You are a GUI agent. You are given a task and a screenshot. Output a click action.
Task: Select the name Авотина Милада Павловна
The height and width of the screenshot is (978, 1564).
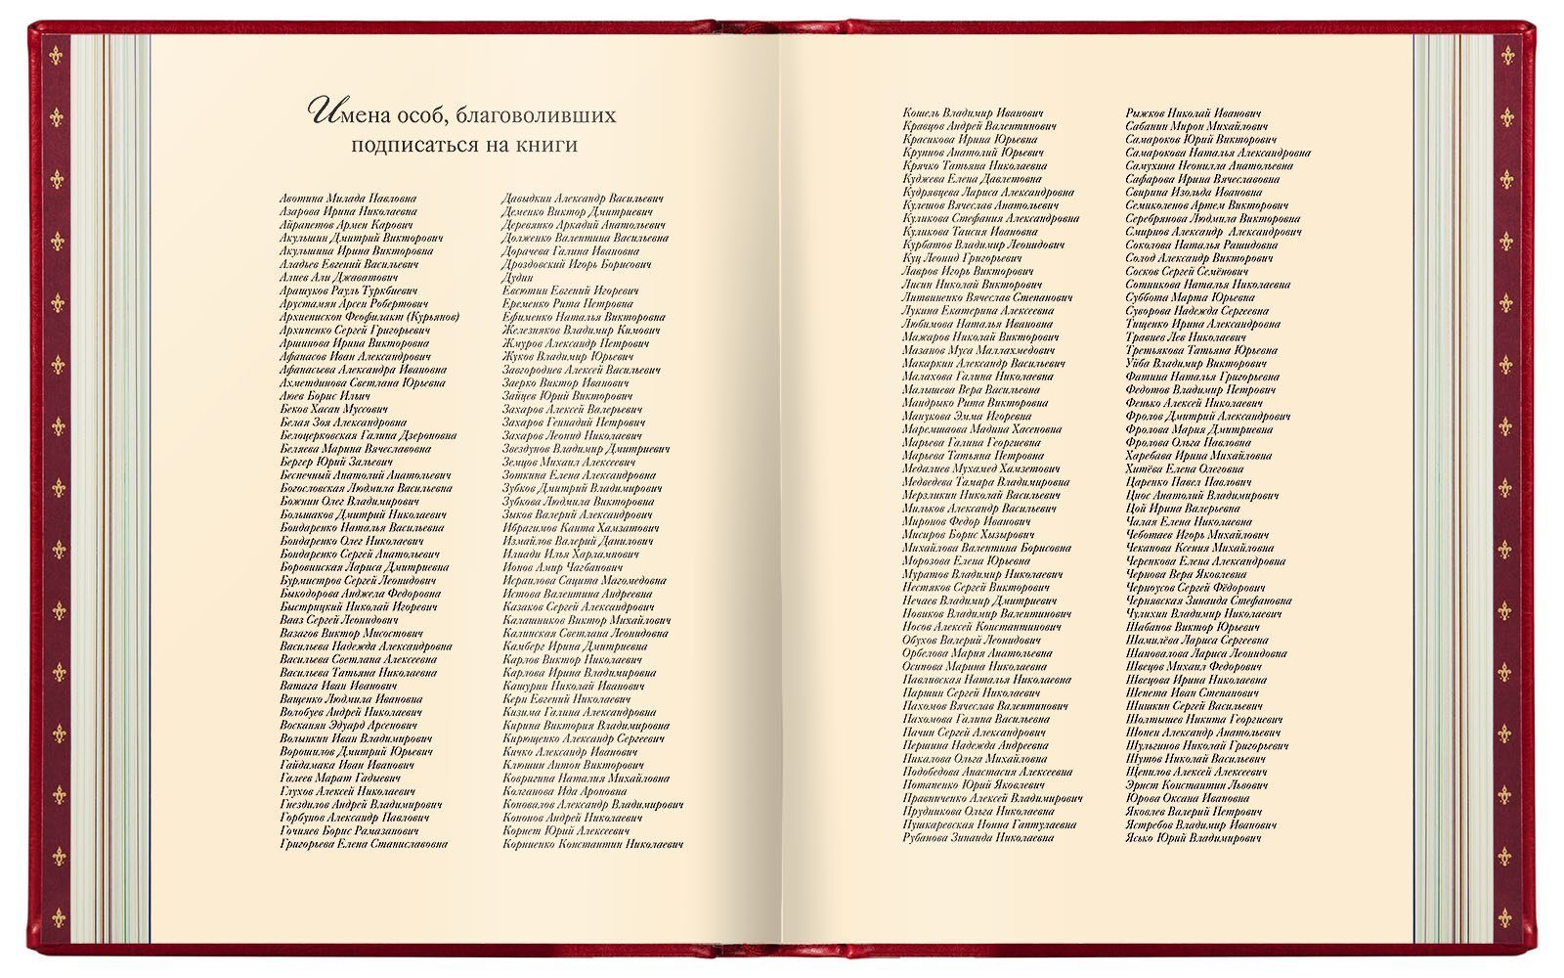pyautogui.click(x=347, y=199)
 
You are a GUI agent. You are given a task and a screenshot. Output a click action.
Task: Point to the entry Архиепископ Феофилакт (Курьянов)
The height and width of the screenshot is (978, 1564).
pyautogui.click(x=369, y=317)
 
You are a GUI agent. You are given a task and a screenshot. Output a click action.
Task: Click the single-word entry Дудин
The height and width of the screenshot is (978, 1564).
pyautogui.click(x=518, y=278)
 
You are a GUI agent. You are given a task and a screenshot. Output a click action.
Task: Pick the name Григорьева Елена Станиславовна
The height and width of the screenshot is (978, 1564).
pyautogui.click(x=364, y=844)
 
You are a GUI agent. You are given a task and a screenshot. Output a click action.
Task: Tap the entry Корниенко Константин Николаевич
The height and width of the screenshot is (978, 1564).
pyautogui.click(x=592, y=844)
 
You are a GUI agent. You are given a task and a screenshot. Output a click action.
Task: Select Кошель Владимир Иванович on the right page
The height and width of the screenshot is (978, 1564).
pyautogui.click(x=973, y=113)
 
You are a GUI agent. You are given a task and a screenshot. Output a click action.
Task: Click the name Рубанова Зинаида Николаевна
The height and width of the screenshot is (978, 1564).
pyautogui.click(x=977, y=838)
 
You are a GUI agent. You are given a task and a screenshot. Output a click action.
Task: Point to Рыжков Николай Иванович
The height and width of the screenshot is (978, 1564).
pyautogui.click(x=1193, y=113)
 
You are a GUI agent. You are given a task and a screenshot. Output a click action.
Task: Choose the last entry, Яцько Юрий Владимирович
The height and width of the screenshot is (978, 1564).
pyautogui.click(x=1193, y=838)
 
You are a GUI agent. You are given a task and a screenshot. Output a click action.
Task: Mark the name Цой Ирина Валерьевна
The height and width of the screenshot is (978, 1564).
pyautogui.click(x=1183, y=509)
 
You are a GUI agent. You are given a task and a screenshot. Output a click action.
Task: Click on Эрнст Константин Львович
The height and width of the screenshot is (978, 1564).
pyautogui.click(x=1196, y=785)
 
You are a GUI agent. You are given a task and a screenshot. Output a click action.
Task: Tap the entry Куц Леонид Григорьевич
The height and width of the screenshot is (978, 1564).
pyautogui.click(x=963, y=258)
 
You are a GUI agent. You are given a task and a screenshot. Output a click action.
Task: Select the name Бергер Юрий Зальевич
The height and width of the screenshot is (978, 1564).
pyautogui.click(x=335, y=462)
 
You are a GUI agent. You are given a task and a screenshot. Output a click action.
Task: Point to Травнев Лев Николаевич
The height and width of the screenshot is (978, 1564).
pyautogui.click(x=1186, y=337)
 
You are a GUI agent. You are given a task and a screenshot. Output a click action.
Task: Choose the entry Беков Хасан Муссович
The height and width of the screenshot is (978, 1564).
pyautogui.click(x=333, y=409)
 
